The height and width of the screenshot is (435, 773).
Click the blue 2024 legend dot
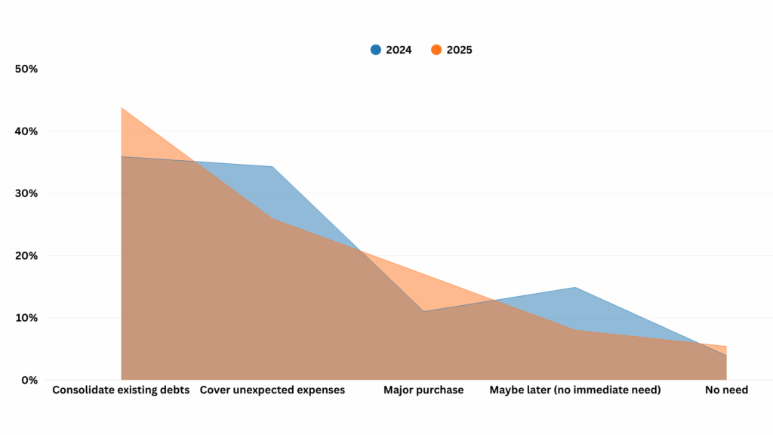coord(375,50)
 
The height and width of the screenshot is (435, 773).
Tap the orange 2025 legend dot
coord(436,50)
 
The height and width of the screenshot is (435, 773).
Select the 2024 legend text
coord(399,51)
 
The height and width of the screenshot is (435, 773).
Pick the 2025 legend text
coord(459,51)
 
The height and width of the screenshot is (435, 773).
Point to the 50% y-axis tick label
coord(26,69)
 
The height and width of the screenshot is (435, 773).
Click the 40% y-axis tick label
coord(26,131)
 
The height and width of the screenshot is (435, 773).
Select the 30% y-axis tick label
coord(26,193)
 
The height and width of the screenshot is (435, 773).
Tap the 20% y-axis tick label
coord(26,256)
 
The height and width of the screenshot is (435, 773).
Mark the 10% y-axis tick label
coord(26,318)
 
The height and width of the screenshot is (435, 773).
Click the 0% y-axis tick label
coord(29,380)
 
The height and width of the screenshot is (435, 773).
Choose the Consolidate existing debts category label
coord(121,390)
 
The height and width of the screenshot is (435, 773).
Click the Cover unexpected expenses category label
coord(272,390)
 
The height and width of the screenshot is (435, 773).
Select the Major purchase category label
coord(423,390)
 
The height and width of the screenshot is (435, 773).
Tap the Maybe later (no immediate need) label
coord(575,390)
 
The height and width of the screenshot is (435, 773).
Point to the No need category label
coord(726,390)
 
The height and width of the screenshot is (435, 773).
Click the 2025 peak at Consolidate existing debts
coord(122,108)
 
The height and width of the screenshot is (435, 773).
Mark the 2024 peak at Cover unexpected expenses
coord(272,166)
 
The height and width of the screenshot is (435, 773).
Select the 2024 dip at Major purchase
coord(423,311)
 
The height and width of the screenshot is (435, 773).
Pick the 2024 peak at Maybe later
coord(575,288)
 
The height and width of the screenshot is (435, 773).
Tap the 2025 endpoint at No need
coord(726,347)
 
